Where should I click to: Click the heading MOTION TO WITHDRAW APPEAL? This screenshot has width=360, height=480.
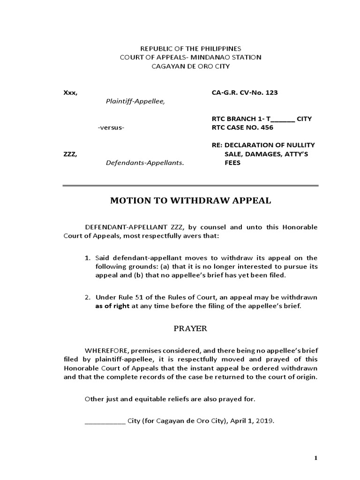pos(190,201)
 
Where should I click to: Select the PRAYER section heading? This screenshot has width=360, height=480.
pos(190,329)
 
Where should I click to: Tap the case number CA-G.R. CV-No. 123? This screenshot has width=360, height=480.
pos(245,92)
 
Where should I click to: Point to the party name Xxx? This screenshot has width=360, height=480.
pos(70,92)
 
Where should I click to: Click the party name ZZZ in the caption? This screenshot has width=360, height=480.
pos(69,154)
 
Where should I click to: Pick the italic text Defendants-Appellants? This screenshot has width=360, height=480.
pos(145,163)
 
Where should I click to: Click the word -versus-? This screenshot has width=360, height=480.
pos(111,127)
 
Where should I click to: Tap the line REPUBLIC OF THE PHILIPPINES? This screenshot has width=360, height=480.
pos(190,48)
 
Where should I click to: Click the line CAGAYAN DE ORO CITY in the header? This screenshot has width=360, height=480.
pos(190,66)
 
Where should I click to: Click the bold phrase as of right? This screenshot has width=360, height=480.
pos(112,306)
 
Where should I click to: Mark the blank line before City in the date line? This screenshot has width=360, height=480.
pos(105,421)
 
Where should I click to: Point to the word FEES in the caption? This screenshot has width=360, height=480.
pos(232,163)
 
